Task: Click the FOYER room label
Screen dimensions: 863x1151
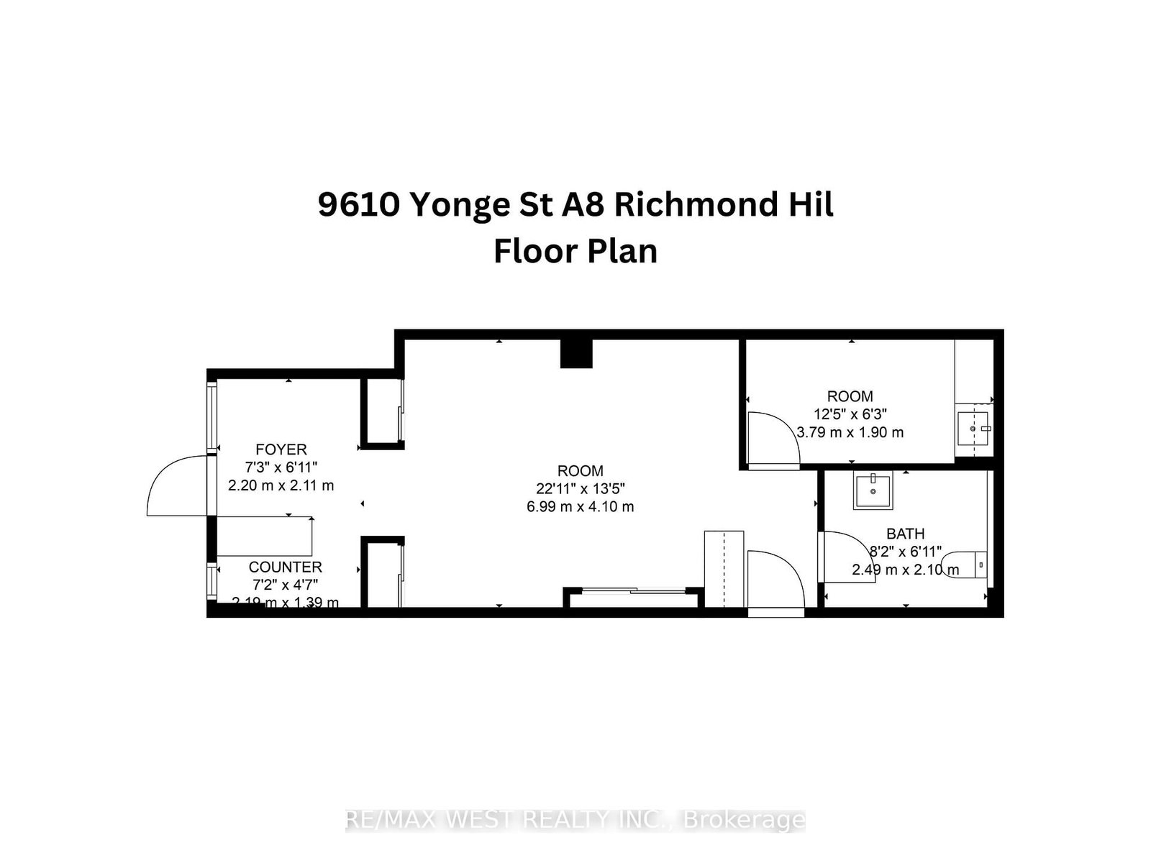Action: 281,449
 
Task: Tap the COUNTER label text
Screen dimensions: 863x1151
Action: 285,567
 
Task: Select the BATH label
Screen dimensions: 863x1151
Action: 905,534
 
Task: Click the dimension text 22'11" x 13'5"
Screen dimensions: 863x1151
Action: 580,488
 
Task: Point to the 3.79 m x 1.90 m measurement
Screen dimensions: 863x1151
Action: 850,432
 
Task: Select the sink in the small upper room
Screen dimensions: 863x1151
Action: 974,429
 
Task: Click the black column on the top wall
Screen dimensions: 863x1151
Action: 577,353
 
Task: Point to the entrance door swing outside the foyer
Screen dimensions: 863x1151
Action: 176,488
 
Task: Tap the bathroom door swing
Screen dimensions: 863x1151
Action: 846,557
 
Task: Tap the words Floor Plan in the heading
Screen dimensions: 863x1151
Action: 575,252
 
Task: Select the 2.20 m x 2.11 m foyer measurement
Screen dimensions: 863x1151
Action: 281,485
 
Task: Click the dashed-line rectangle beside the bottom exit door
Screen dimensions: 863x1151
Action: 723,568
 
